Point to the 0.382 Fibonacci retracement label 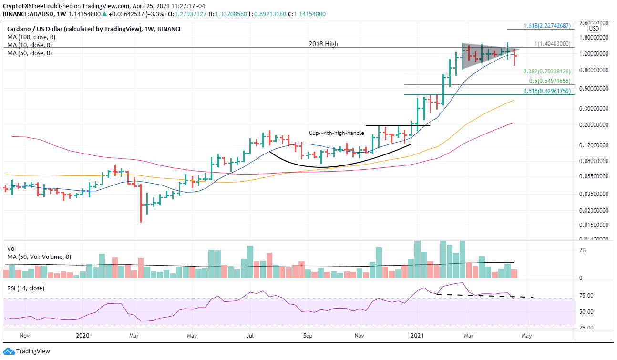[546, 72]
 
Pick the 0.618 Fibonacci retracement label [546, 91]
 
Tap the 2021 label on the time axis [417, 336]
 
